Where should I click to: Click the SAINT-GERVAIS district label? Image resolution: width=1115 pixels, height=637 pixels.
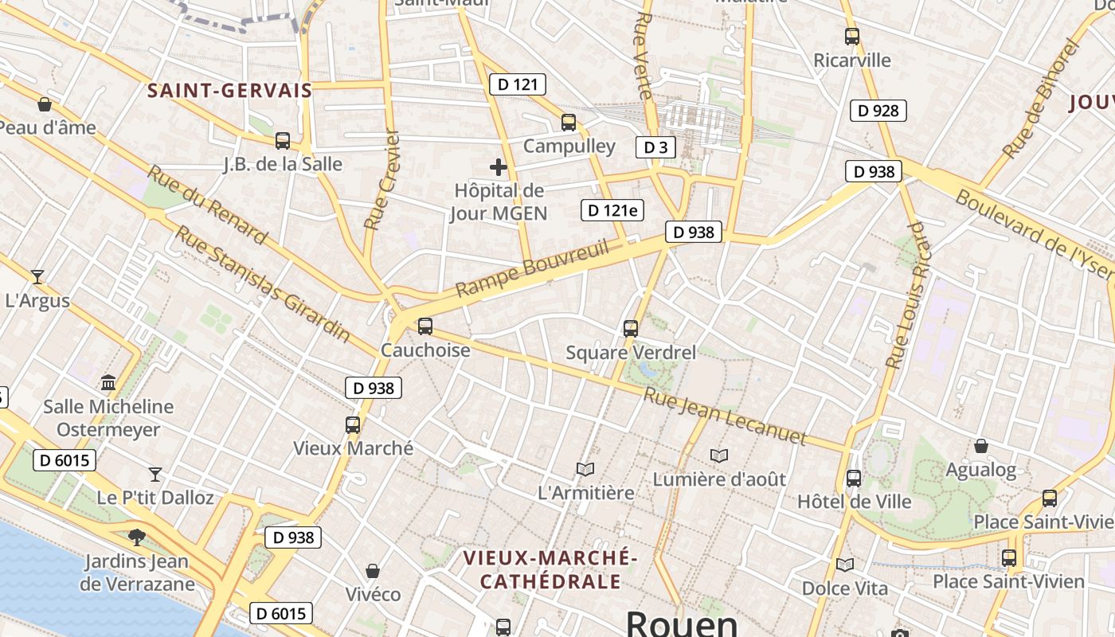point(229,91)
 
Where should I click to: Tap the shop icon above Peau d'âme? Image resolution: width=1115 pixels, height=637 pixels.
point(45,104)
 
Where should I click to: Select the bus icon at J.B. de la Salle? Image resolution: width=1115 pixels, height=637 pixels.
point(283,141)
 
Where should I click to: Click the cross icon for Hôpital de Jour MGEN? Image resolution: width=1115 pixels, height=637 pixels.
point(499,167)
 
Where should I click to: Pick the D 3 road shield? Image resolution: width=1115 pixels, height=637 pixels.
point(655,147)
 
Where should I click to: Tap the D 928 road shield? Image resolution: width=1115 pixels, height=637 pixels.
point(879,111)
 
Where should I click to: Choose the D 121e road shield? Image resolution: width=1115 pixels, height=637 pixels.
point(612,210)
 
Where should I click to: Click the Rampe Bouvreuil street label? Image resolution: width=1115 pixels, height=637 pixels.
point(533,268)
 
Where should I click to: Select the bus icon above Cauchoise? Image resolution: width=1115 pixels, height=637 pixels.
point(425,326)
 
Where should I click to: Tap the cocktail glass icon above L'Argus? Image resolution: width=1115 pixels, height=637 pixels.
point(37,277)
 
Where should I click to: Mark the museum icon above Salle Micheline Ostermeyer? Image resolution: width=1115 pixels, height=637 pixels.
point(108,383)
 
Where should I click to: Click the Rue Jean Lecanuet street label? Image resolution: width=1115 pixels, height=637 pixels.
point(725,416)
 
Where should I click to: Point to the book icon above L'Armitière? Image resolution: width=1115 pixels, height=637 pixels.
point(585,469)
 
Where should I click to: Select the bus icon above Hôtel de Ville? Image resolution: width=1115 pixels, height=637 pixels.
point(854,479)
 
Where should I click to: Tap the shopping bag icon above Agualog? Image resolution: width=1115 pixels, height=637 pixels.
point(981,446)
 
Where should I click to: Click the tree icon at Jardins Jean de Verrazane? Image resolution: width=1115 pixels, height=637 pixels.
point(137,537)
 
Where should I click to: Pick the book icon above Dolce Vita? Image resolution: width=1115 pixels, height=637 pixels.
point(845,565)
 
